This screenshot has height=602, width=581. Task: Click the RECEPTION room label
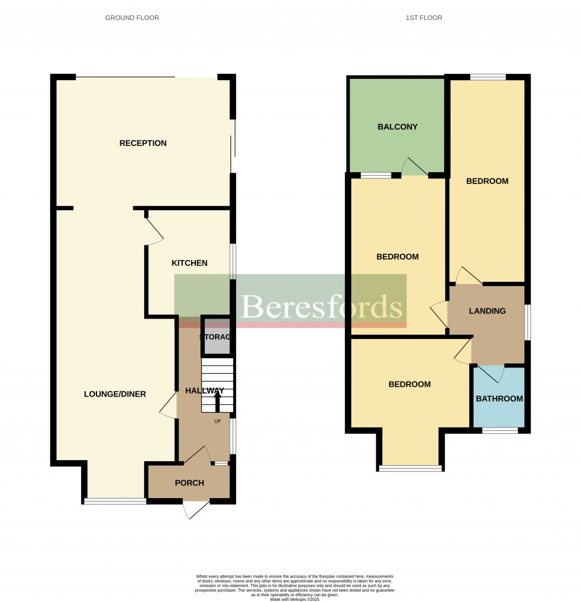[x=143, y=143]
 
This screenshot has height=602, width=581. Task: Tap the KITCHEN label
[x=190, y=263]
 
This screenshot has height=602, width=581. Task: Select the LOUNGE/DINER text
[x=115, y=394]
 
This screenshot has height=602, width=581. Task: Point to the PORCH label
[x=189, y=483]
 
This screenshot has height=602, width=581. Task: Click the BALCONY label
[x=398, y=127]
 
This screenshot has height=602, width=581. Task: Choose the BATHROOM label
[x=499, y=399]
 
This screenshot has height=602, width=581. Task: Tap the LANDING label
[x=487, y=311]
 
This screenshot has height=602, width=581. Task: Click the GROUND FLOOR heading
[x=132, y=18]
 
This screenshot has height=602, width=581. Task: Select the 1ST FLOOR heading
[x=424, y=18]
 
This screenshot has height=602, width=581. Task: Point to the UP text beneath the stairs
[x=217, y=421]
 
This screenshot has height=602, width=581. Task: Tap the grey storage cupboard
[x=216, y=337]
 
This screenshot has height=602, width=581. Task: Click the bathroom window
[x=500, y=430]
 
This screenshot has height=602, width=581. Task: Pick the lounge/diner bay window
[x=115, y=501]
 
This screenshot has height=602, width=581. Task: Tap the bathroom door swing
[x=487, y=374]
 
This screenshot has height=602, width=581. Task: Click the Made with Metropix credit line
[x=294, y=599]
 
